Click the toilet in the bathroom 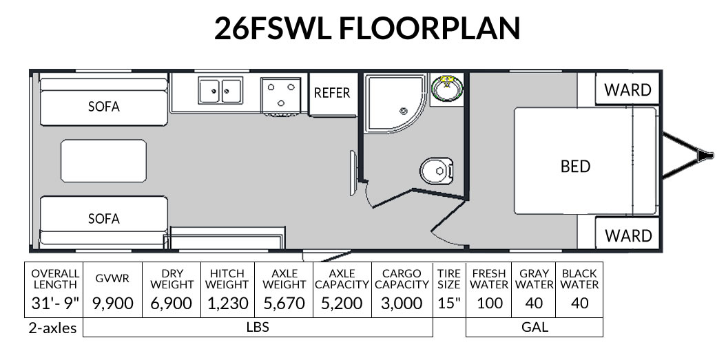coord(436,170)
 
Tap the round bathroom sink coord(446,89)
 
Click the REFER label coord(332,93)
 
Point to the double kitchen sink coord(220,90)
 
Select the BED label coord(575,166)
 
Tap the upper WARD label coord(628,89)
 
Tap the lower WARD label coord(628,235)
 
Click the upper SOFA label coord(104,107)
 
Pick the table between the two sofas coord(103,161)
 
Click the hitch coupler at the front coord(703,156)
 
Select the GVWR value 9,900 coord(112,304)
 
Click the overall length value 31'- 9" coord(54,304)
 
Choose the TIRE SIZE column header coord(449,278)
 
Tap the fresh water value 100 coord(490,304)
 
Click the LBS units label coord(257,327)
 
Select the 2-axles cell coord(54,327)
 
